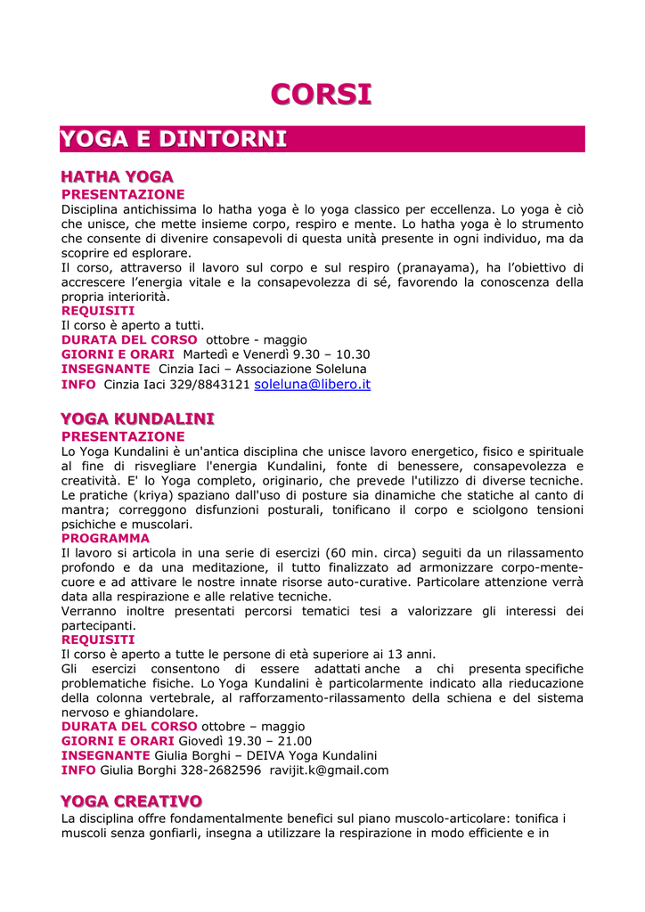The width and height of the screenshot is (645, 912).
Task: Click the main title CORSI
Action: [x=321, y=94]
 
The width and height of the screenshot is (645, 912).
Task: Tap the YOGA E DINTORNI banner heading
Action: [x=174, y=139]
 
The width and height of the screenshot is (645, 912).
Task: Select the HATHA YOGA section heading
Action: [x=117, y=177]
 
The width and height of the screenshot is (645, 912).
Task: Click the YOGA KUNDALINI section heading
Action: [x=137, y=419]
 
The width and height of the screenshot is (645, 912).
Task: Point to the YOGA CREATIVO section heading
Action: [x=131, y=802]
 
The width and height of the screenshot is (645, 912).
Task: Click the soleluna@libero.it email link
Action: [x=312, y=385]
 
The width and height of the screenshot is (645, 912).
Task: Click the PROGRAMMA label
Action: [x=105, y=539]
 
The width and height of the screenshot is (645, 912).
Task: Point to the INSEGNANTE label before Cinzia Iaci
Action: [x=105, y=369]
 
